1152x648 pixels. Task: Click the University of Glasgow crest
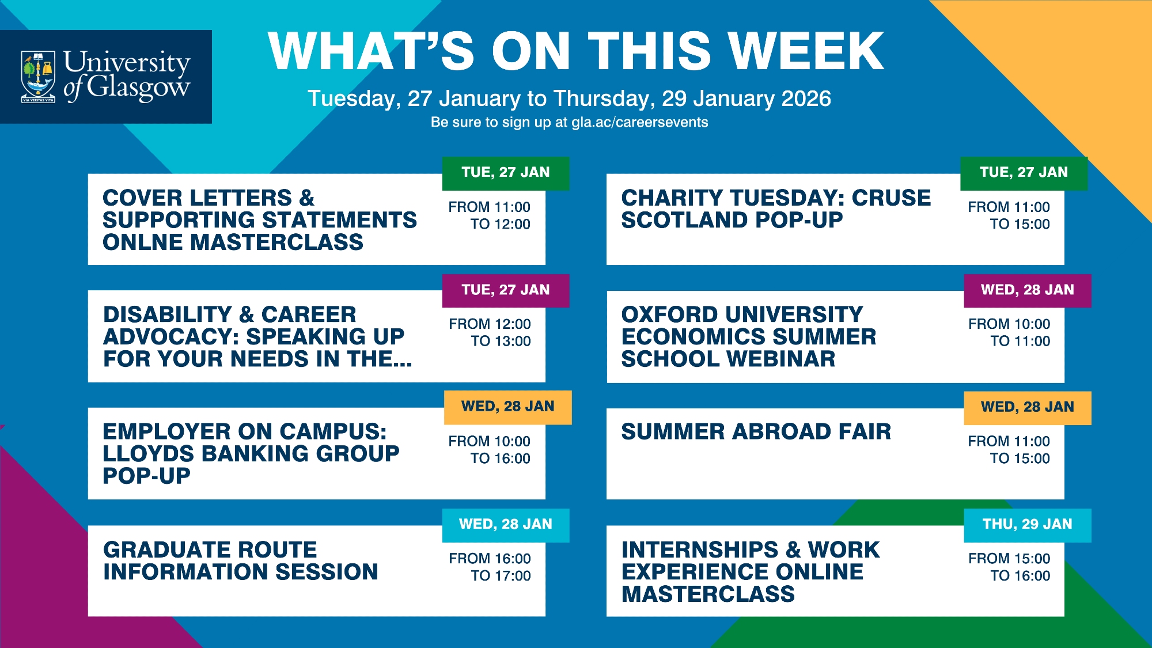click(38, 77)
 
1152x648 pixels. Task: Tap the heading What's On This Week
click(576, 51)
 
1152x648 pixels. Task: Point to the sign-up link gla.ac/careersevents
click(639, 122)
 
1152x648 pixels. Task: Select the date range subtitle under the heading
click(569, 98)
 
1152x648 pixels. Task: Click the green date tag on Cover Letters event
click(506, 173)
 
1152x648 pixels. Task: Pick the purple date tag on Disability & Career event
click(506, 290)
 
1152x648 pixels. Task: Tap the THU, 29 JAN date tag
click(1028, 525)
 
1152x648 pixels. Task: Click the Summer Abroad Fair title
click(756, 431)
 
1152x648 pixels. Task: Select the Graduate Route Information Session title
click(241, 560)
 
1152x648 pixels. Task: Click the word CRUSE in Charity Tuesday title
click(891, 198)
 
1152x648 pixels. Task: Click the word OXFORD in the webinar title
click(666, 314)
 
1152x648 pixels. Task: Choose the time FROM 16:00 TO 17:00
click(490, 567)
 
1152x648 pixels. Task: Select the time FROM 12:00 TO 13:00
click(490, 332)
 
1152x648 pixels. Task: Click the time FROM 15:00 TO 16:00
click(1009, 567)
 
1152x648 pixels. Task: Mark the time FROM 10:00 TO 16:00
click(490, 450)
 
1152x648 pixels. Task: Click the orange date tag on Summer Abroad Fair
click(1028, 408)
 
